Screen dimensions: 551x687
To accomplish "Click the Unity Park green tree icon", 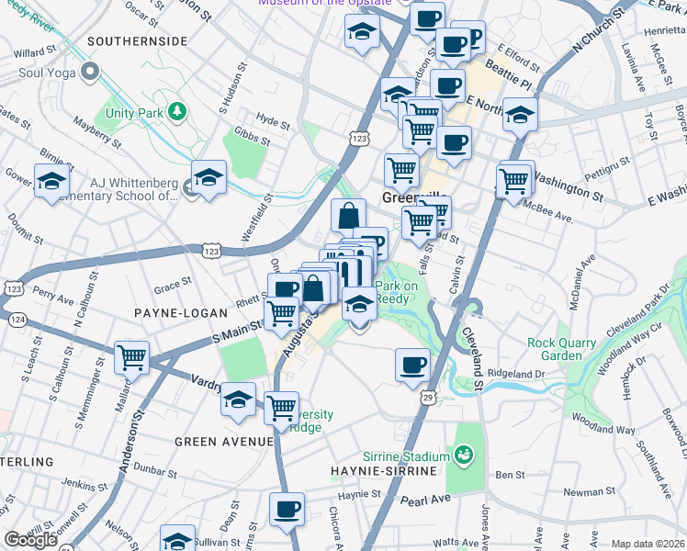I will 175,111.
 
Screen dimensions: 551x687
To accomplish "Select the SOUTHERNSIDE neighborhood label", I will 137,41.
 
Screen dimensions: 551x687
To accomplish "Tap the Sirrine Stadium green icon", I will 465,455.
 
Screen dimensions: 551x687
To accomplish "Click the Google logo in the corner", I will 29,540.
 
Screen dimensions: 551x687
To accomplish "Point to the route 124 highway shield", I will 16,320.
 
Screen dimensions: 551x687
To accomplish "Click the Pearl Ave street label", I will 424,500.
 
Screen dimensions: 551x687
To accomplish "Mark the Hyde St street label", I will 273,120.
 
